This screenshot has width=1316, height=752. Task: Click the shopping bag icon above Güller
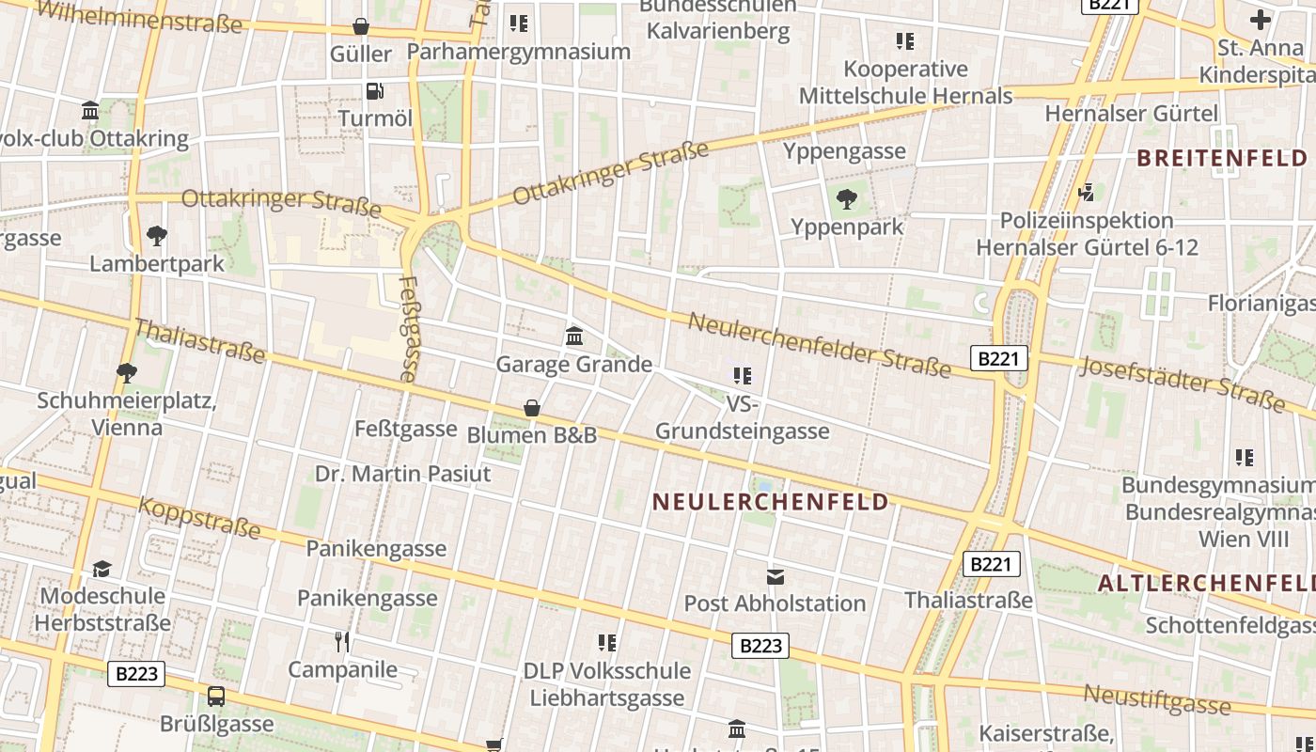point(360,26)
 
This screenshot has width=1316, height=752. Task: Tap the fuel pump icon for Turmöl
point(374,91)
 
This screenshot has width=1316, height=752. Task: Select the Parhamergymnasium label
point(518,52)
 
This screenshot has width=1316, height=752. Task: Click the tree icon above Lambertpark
point(157,235)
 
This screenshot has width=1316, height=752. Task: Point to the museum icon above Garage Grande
point(574,336)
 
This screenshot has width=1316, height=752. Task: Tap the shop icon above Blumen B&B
point(532,408)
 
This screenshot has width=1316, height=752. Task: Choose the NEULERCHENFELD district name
point(771,502)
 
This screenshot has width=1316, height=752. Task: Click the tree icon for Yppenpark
point(847,198)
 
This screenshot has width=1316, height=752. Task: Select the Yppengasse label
point(844,151)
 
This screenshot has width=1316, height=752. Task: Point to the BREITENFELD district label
point(1222,158)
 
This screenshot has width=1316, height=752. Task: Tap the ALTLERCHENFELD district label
point(1206,583)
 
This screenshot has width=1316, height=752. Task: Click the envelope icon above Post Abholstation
point(775,576)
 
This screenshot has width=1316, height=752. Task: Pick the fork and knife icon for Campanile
point(342,642)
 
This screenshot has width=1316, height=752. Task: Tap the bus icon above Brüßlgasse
point(216,697)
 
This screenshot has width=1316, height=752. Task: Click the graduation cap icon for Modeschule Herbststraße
point(102,569)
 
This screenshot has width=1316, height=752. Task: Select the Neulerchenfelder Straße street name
point(819,345)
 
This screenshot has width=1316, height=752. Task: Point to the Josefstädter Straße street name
point(1182,384)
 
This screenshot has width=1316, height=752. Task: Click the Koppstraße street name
point(199,518)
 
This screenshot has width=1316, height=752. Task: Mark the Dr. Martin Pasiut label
point(402,474)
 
